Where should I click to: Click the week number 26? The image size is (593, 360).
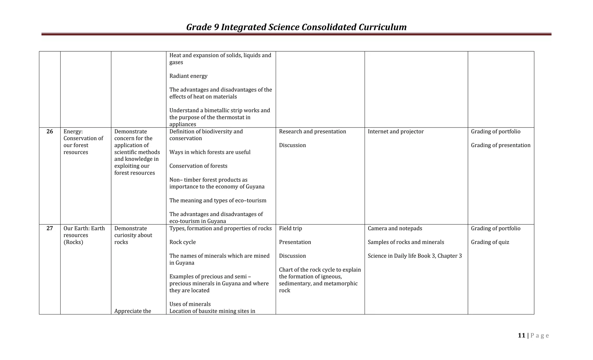(x=50, y=131)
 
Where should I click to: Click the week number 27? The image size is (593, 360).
(x=50, y=228)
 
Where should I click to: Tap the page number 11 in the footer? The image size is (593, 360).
(x=521, y=335)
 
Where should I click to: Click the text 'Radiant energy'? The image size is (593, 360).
(x=188, y=76)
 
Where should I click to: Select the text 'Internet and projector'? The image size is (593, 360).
(x=396, y=131)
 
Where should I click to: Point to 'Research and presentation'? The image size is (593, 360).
(x=312, y=131)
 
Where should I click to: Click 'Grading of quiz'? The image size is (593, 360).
(x=490, y=242)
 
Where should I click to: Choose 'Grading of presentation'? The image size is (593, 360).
(x=501, y=145)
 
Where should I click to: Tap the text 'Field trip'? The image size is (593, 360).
(x=290, y=228)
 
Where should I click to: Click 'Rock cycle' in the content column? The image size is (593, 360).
(x=182, y=242)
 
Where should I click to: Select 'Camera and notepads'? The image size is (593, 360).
(x=395, y=228)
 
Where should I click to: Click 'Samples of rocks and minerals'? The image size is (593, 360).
(x=406, y=242)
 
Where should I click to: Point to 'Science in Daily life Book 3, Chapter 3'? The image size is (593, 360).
(x=415, y=256)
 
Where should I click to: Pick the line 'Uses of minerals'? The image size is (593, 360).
(x=190, y=304)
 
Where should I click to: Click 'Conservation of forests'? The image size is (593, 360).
(x=198, y=166)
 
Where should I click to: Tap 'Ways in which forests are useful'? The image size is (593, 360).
(x=210, y=152)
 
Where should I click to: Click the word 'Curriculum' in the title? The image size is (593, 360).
(x=382, y=27)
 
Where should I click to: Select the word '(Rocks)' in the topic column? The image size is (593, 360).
(x=73, y=242)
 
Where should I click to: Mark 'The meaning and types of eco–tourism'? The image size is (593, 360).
(x=218, y=200)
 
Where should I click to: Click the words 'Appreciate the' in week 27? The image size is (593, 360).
(x=133, y=311)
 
